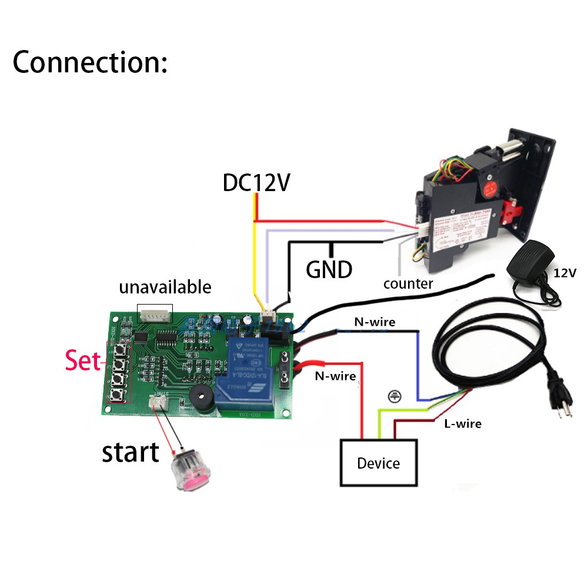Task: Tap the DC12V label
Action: tap(256, 183)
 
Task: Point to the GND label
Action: tap(329, 269)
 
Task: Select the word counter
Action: tap(408, 284)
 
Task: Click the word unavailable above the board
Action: tap(165, 288)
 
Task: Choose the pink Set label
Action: tap(83, 361)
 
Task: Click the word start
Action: tap(131, 452)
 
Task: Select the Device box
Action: tap(379, 463)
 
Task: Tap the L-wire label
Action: tap(462, 423)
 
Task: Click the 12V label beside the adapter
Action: tap(564, 273)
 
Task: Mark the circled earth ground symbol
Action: tap(392, 396)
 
